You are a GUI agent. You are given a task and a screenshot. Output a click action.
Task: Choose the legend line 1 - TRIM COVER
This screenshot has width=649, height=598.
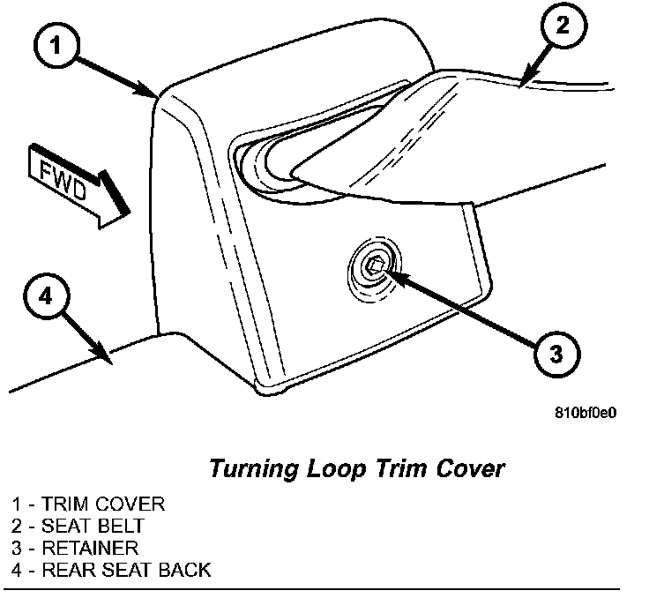[88, 505]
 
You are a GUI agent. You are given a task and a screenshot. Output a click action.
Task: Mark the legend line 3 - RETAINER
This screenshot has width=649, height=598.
[75, 548]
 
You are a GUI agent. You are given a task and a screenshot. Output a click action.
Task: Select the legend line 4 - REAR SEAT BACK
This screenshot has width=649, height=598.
[111, 569]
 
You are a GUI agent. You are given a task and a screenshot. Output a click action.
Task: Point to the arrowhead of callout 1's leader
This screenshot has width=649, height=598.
[155, 93]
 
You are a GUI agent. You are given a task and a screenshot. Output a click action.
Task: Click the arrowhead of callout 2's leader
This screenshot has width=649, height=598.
[522, 84]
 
